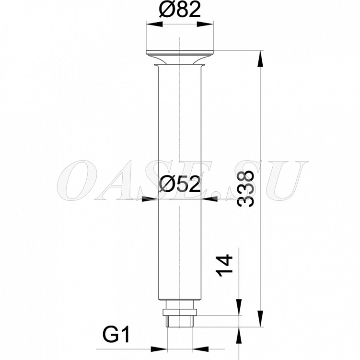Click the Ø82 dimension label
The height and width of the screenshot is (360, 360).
[180, 10]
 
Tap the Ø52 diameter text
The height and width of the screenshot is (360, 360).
[180, 185]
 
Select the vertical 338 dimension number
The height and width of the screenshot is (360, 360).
[246, 188]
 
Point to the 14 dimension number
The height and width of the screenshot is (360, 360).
[224, 265]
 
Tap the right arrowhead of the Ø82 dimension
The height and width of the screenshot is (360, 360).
[205, 24]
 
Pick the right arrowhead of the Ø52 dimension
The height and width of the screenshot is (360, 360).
[209, 199]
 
